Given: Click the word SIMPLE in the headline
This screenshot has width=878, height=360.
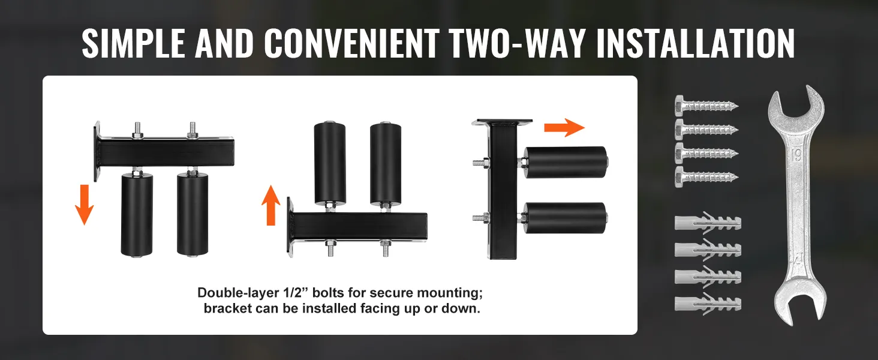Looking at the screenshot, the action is (133, 44).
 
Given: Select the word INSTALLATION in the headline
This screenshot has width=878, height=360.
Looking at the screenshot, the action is (695, 44).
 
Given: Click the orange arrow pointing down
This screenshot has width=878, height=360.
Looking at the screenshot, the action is (85, 205).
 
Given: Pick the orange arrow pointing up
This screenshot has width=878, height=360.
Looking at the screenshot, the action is (271, 205).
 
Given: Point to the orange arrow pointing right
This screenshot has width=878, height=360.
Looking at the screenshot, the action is (564, 127).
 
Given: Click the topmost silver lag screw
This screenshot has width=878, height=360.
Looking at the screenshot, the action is (706, 106).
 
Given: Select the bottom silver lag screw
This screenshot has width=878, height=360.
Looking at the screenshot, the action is (706, 177).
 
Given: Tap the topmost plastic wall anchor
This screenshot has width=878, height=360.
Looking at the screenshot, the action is (708, 223).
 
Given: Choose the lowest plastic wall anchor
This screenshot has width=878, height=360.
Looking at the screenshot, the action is (708, 304).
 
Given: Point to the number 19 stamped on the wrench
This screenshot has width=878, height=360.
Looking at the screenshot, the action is (796, 155).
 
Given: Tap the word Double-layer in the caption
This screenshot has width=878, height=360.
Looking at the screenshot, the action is (238, 293).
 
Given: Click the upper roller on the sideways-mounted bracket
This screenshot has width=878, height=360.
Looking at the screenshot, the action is (566, 163).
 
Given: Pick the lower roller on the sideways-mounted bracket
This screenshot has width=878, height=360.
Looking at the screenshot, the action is (566, 218).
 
